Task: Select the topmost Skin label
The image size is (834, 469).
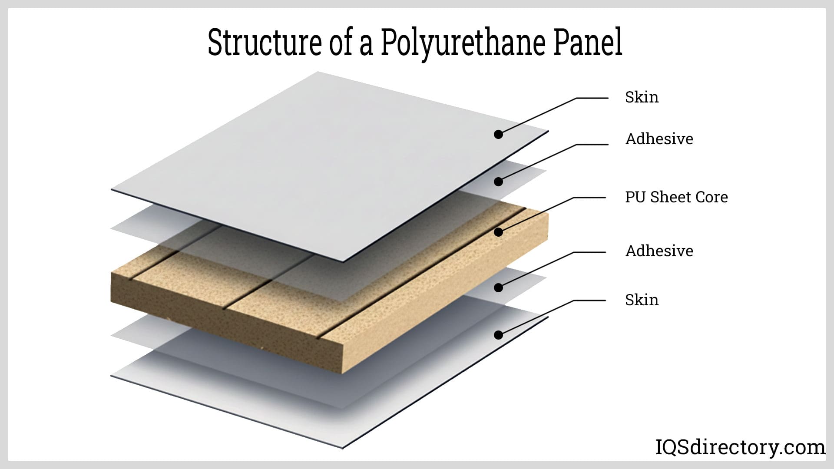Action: click(x=642, y=97)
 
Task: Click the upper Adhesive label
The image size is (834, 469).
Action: click(x=659, y=139)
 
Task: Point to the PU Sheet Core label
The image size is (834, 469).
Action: click(x=676, y=197)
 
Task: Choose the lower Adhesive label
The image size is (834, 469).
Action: click(x=659, y=251)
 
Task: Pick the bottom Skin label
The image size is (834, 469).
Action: click(x=642, y=300)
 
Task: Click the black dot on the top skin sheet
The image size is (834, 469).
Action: click(x=499, y=134)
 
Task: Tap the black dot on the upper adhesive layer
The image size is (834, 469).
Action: click(x=499, y=182)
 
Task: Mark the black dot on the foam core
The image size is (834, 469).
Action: click(x=499, y=232)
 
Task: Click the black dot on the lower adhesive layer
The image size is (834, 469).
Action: click(x=499, y=287)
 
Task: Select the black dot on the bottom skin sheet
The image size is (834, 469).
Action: click(x=499, y=335)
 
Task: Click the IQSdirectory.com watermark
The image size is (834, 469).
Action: click(x=740, y=447)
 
